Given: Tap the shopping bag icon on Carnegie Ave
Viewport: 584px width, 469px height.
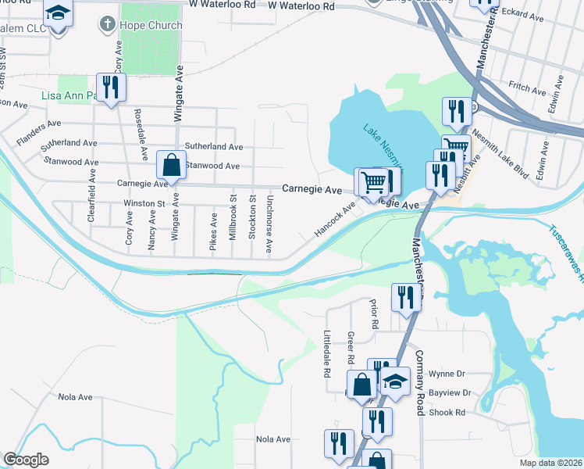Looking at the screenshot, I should pos(170,166).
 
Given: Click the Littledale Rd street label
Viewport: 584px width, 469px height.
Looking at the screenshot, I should pos(327,354).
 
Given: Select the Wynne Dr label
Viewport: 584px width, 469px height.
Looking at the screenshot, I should pos(447,374).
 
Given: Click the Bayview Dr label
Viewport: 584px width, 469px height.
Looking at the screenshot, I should pos(450,393).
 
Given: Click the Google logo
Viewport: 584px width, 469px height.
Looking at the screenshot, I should pos(26,459).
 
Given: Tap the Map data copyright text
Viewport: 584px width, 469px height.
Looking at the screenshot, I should pos(550,463).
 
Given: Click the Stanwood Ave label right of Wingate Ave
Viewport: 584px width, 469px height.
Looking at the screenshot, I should pos(212,166).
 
